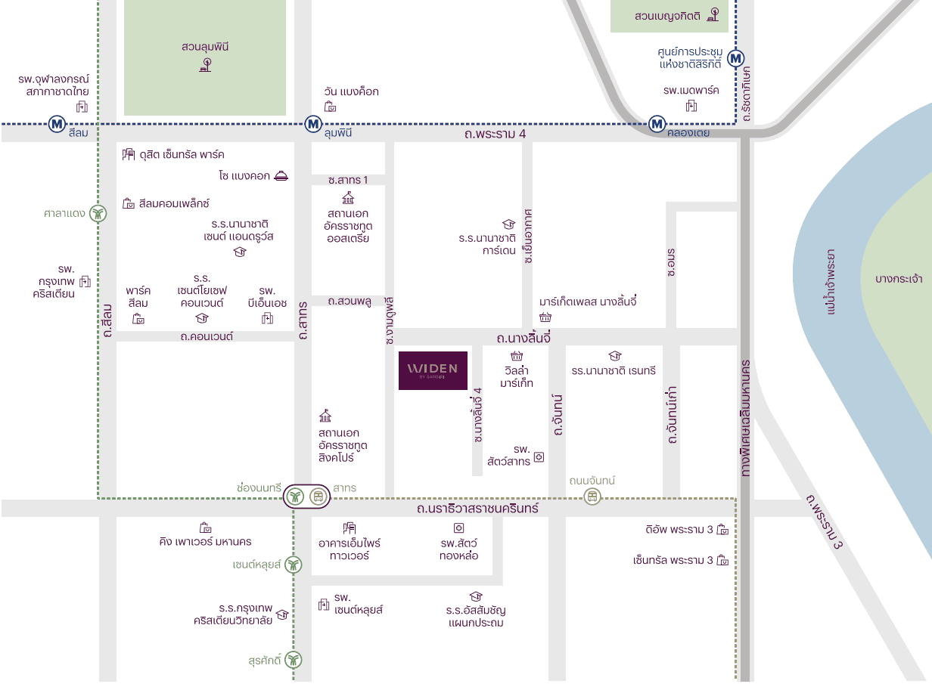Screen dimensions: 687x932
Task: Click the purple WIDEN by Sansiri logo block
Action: coord(433,370)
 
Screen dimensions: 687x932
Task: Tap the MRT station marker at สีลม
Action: coord(57,124)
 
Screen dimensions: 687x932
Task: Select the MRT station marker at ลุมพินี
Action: coord(313,124)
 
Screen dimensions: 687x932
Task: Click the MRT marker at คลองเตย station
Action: coord(657,124)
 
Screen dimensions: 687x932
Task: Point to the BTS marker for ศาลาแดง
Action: coord(98,214)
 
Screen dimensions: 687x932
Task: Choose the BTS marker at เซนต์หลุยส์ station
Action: coord(294,565)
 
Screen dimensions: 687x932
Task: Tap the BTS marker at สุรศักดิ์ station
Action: coord(294,660)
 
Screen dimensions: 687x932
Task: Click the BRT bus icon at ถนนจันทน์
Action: coord(592,497)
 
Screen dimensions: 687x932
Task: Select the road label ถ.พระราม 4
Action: coord(495,135)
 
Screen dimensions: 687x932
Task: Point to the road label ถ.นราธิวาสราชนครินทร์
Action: coord(477,509)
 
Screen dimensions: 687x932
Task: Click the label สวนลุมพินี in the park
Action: coord(205,47)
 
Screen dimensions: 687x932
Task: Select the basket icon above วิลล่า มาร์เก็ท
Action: coord(517,357)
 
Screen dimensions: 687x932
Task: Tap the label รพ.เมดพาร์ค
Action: coord(691,91)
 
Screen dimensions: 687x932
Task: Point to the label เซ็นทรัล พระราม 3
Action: coord(673,561)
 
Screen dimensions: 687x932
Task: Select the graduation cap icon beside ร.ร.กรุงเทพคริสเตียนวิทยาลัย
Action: coord(282,615)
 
